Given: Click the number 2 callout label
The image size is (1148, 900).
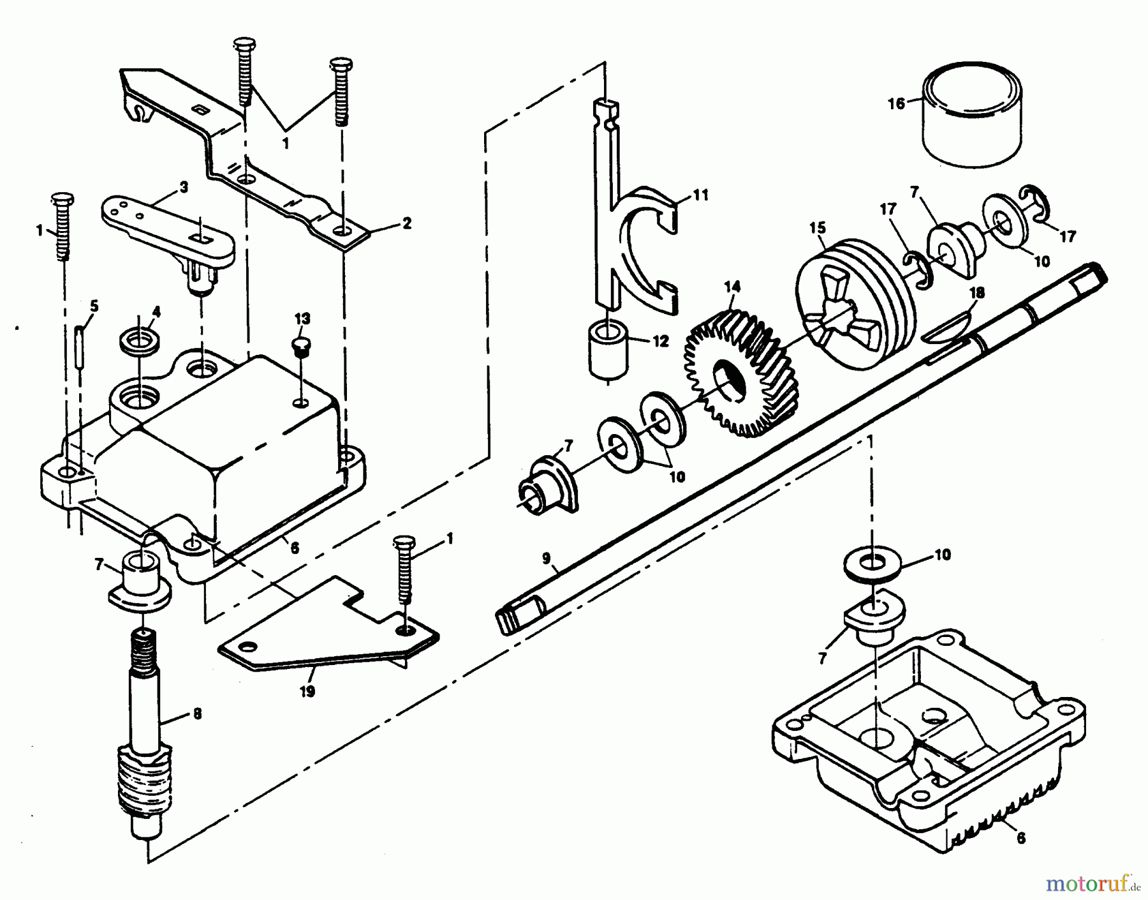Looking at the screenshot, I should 407,223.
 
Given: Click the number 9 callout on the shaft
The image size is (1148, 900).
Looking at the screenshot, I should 546,558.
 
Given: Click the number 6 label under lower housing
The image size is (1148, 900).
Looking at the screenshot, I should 1021,838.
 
